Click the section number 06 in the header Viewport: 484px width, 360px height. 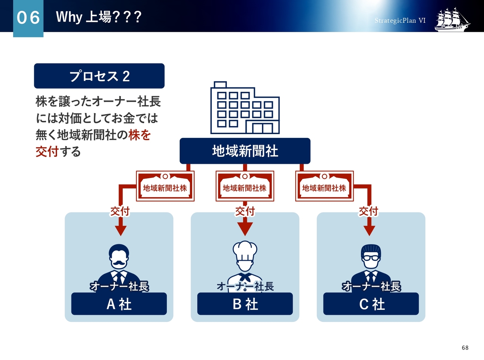[28, 17]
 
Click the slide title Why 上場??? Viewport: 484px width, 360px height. [99, 17]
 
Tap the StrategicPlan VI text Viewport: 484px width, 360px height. [400, 20]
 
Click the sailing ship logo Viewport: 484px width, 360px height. [452, 20]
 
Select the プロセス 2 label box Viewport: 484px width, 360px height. [99, 76]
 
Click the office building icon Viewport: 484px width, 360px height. [245, 108]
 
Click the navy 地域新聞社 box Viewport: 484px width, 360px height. [245, 151]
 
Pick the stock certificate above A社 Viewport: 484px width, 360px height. [165, 186]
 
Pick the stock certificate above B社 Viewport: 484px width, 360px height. [245, 186]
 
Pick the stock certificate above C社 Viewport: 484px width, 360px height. [324, 186]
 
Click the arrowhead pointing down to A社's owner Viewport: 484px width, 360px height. [121, 231]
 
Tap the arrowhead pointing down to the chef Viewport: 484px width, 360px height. [245, 229]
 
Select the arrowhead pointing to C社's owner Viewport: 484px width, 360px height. [369, 231]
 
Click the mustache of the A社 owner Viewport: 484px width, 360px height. [119, 263]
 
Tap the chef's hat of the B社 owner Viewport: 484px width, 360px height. [245, 251]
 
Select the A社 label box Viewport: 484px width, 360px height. [119, 304]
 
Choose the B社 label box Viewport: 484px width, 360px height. [245, 304]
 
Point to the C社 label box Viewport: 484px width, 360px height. [371, 304]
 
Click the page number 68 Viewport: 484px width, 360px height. [465, 348]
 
